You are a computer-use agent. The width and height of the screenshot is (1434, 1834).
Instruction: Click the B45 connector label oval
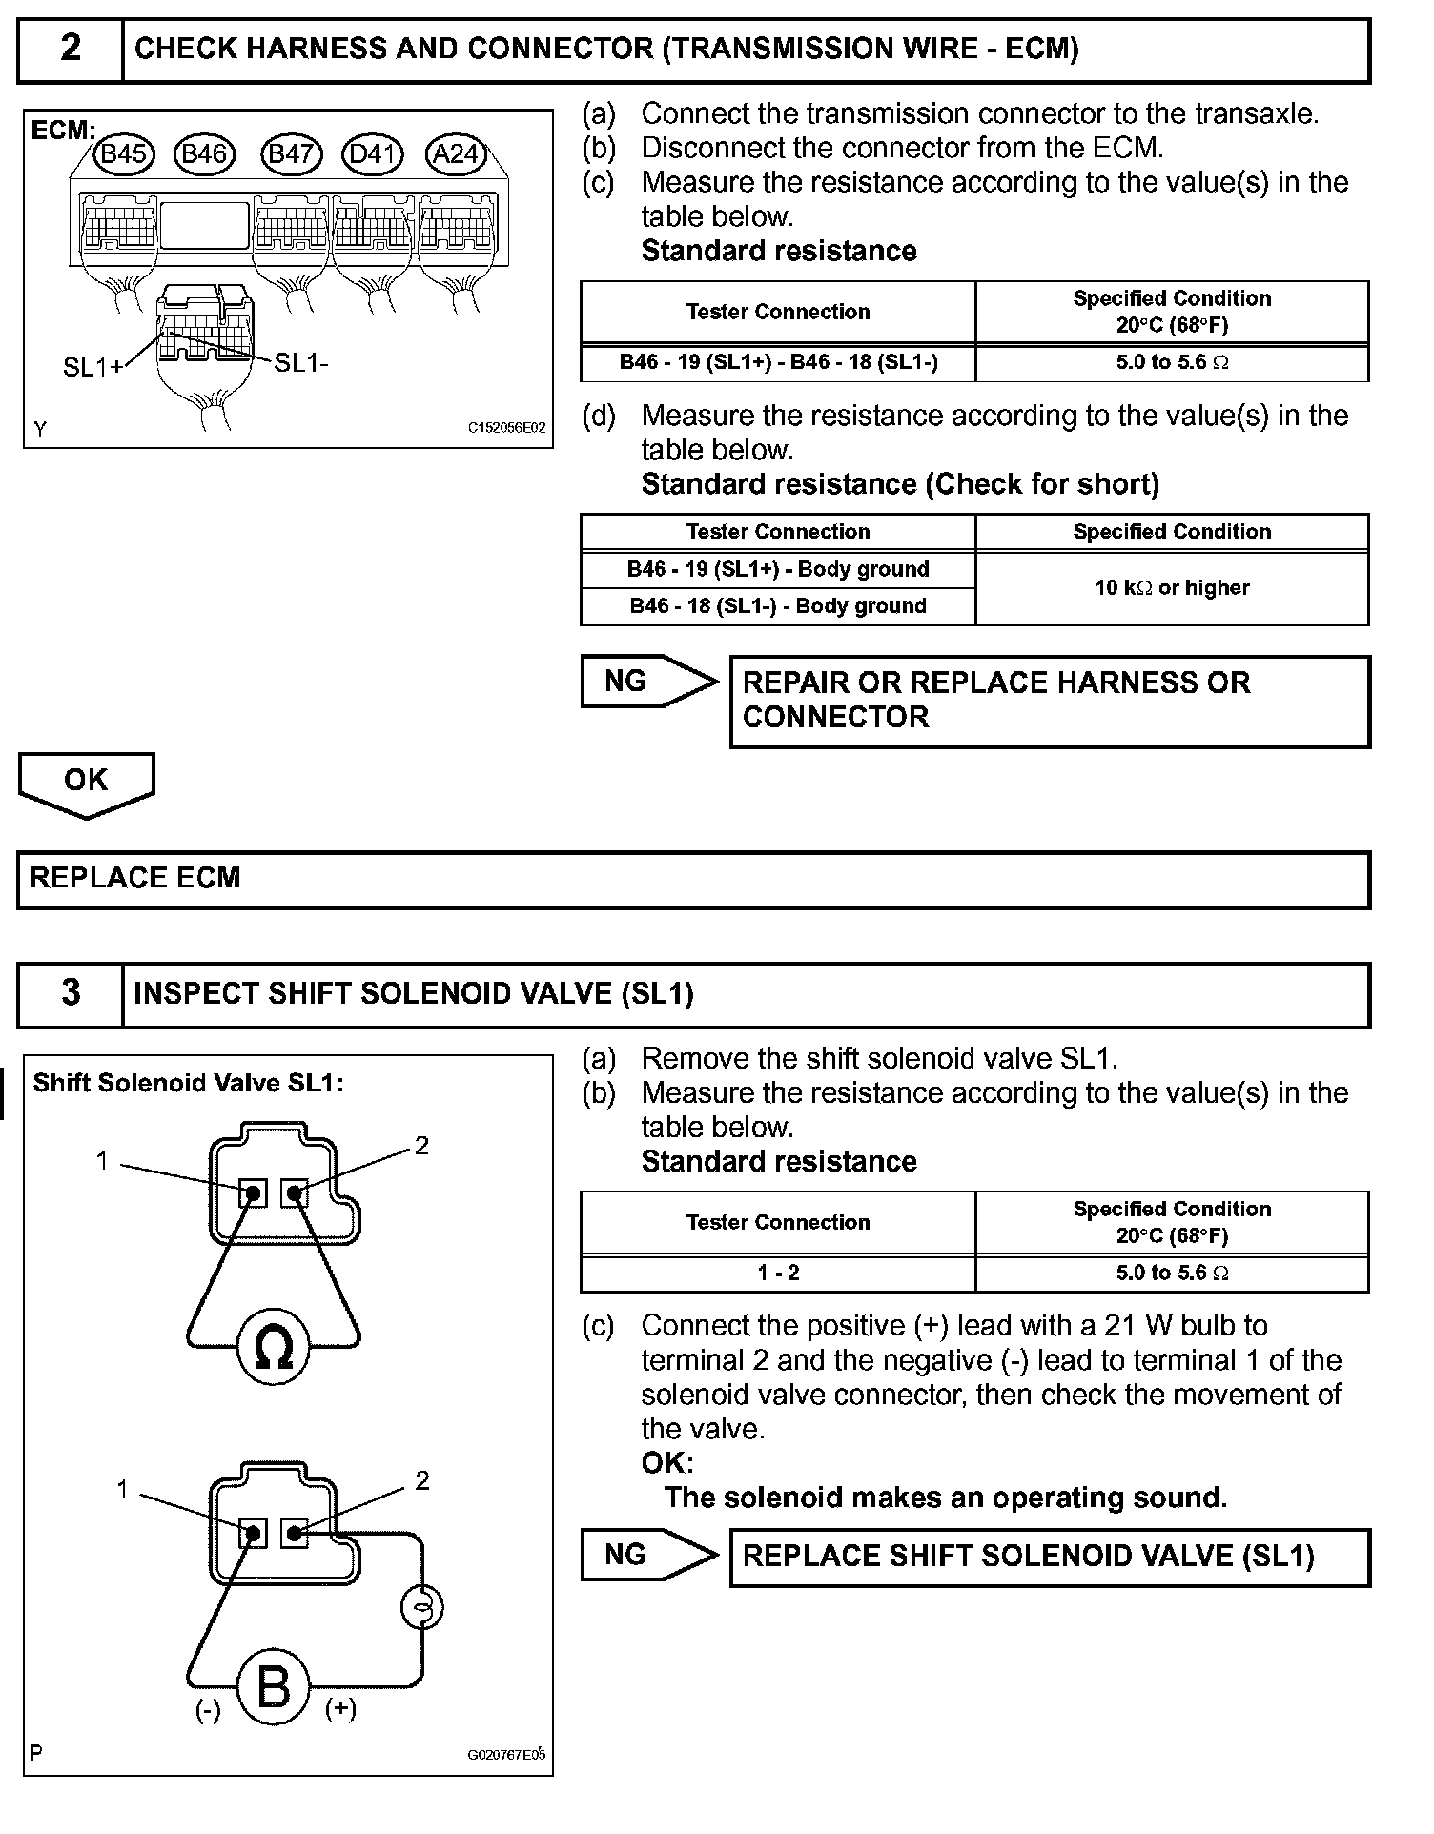click(123, 153)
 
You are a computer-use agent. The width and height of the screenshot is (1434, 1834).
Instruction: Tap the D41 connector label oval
click(373, 153)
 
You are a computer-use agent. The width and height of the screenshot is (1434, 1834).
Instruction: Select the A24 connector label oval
click(456, 153)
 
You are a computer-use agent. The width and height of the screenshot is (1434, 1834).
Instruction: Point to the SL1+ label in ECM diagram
click(92, 367)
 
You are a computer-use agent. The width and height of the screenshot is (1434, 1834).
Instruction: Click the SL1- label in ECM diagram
click(301, 363)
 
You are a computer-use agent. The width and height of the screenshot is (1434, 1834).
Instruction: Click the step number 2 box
click(71, 49)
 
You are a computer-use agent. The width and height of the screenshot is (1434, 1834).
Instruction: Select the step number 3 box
click(71, 993)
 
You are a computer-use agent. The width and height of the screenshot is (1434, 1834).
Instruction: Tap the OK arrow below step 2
click(86, 783)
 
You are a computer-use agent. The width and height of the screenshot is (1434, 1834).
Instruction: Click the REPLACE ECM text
click(135, 878)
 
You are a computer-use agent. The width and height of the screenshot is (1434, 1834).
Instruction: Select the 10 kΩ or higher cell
click(1172, 588)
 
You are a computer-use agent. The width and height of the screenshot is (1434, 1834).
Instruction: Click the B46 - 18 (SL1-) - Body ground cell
click(778, 606)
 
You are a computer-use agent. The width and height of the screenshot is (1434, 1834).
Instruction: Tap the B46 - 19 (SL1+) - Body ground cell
click(778, 570)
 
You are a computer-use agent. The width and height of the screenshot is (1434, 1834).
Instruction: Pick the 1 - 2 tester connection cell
click(778, 1273)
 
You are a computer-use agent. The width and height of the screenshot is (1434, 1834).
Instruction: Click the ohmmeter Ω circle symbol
click(274, 1347)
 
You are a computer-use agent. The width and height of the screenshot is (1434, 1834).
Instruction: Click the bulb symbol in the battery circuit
click(422, 1608)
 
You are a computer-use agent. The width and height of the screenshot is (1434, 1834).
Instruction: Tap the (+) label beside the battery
click(340, 1709)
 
